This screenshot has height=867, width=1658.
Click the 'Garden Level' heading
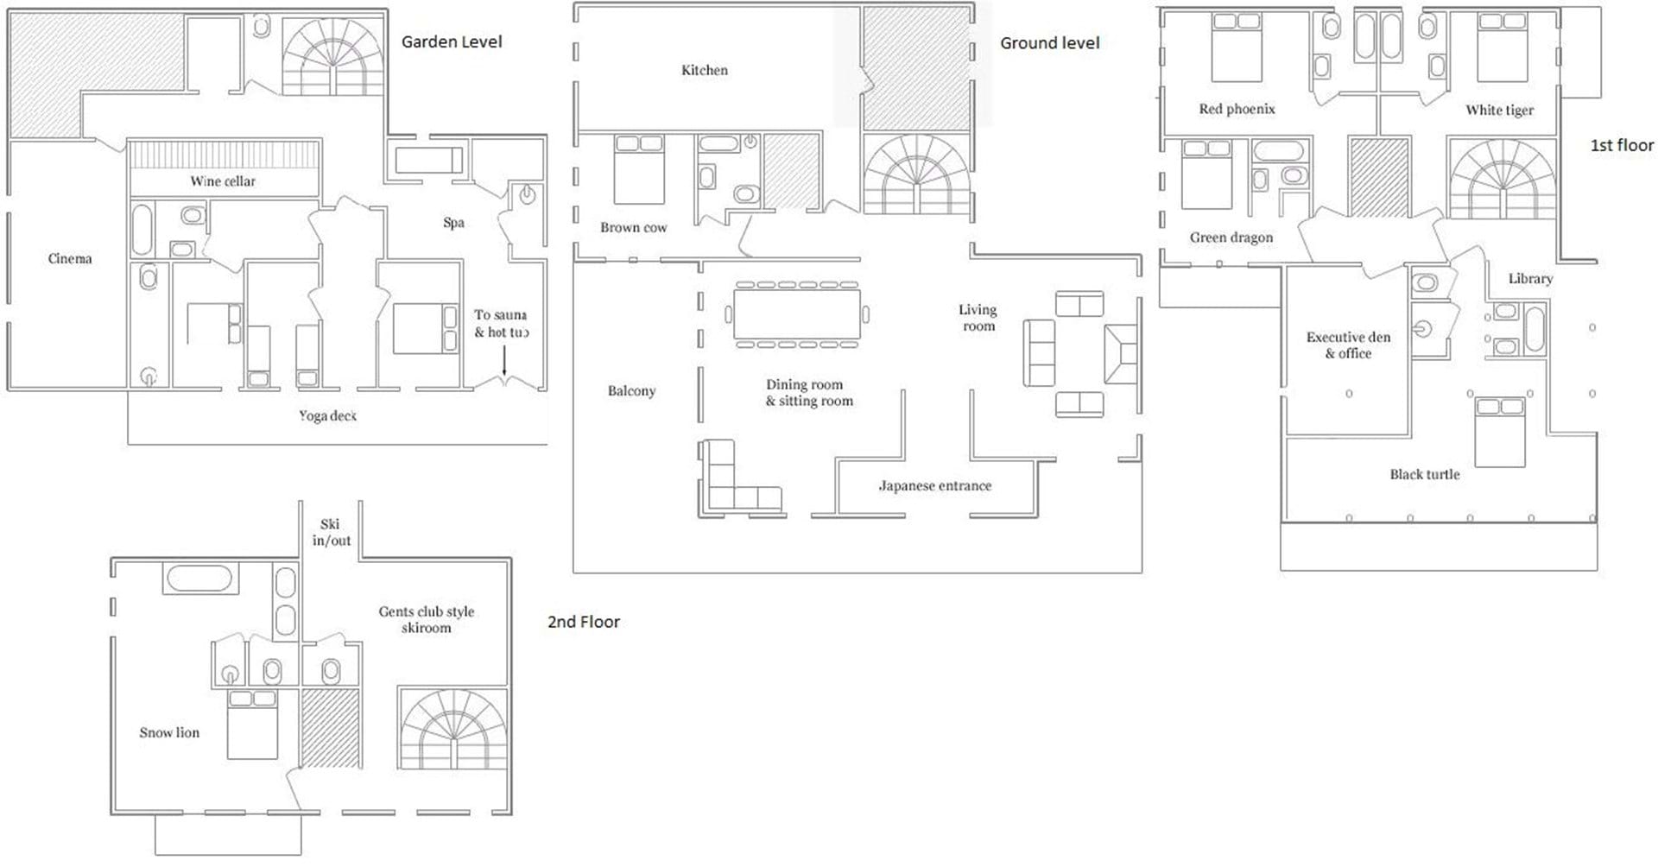point(452,41)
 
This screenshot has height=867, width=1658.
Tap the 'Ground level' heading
point(1050,42)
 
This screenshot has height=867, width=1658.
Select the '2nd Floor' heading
point(584,622)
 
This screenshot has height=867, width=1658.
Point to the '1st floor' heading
point(1622,145)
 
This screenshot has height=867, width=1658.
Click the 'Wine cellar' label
point(223,181)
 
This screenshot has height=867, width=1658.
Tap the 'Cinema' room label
point(70,258)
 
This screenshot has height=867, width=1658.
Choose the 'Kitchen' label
point(705,70)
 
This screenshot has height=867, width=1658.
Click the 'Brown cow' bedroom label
point(634,227)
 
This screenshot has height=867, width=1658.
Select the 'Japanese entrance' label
point(935,485)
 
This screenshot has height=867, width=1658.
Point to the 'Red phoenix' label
point(1237,109)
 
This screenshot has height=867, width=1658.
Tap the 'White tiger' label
point(1500,110)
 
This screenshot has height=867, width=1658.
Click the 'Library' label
point(1530,278)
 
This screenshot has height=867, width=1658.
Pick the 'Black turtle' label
point(1425,474)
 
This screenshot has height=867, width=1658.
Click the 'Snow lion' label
point(169,732)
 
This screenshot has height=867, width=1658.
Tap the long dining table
point(797,313)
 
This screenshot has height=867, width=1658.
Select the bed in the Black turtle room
point(1500,432)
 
